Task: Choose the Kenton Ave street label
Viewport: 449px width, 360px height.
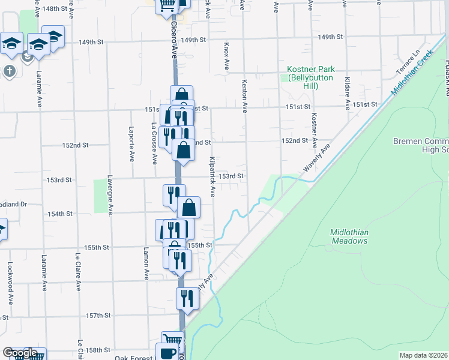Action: [244, 96]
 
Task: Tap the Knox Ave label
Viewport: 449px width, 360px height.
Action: [226, 56]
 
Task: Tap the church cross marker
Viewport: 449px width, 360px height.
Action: [9, 71]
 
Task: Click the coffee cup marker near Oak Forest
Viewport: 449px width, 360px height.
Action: [167, 352]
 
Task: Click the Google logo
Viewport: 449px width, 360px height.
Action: [20, 353]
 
